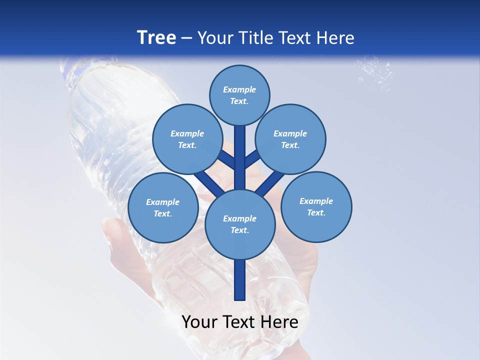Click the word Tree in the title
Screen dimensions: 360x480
(x=156, y=37)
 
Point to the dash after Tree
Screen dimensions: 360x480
(x=187, y=38)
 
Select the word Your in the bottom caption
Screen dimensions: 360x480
(x=200, y=322)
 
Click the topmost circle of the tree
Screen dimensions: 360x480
(x=239, y=95)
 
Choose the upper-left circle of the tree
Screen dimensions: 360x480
(x=187, y=139)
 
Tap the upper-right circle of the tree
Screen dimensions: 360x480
(x=290, y=139)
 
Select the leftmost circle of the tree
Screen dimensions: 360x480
(x=162, y=207)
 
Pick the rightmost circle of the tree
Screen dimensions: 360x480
(x=316, y=206)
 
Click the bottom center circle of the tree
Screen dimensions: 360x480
(x=239, y=224)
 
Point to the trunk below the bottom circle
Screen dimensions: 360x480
(x=240, y=280)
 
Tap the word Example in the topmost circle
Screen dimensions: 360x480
(x=239, y=90)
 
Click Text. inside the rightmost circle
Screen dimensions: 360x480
(x=316, y=212)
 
